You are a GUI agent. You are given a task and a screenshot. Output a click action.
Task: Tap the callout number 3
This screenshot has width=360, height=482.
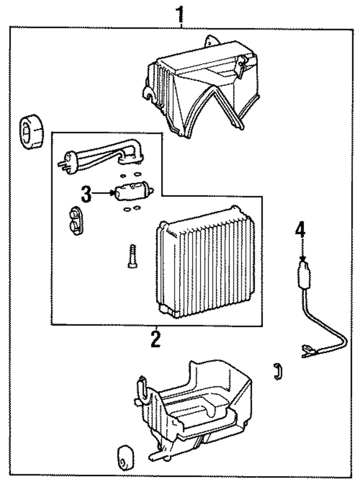(86, 194)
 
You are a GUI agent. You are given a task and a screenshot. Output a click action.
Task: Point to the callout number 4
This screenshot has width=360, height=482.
(300, 229)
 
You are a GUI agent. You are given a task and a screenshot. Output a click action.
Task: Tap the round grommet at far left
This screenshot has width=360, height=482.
(32, 131)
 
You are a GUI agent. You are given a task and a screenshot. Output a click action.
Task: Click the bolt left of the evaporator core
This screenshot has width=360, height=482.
(132, 256)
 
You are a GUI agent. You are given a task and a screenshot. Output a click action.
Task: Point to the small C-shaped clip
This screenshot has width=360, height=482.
(278, 371)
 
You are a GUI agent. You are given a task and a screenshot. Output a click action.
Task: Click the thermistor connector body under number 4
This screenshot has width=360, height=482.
(304, 274)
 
